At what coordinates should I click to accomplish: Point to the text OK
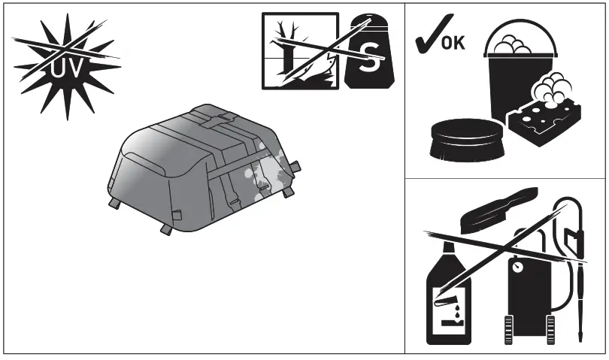point(453,43)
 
